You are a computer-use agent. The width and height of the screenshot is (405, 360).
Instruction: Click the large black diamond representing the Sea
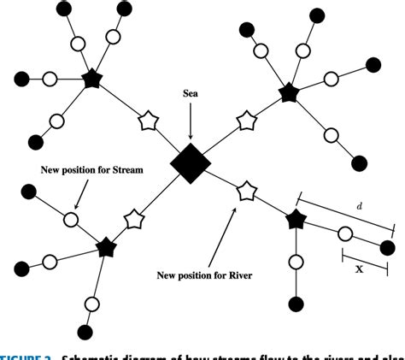click(190, 163)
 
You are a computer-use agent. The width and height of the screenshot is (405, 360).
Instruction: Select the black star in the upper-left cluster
click(92, 80)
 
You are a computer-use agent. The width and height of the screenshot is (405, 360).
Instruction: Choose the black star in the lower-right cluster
click(296, 220)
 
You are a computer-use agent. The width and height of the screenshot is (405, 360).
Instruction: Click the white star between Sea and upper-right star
click(246, 121)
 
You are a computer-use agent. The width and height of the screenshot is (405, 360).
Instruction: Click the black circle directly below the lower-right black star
click(296, 303)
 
